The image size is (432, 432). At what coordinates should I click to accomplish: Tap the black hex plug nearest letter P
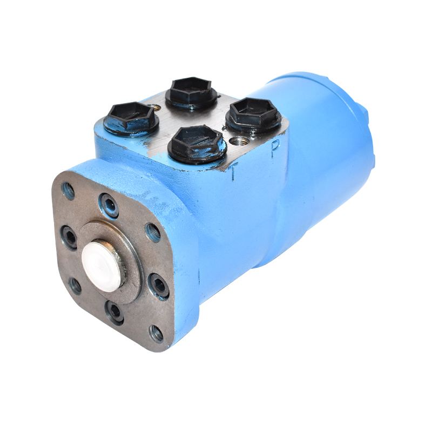point(253,115)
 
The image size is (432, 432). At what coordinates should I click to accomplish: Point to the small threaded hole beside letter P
point(238,141)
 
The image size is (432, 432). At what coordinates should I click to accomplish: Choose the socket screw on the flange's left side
point(69,237)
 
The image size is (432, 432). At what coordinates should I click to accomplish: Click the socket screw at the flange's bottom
point(114,312)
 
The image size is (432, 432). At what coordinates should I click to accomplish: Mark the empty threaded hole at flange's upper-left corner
point(69,190)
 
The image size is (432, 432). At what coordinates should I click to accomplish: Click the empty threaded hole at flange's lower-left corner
point(76,286)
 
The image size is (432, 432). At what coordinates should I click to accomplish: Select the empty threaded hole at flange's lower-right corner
point(157,333)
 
